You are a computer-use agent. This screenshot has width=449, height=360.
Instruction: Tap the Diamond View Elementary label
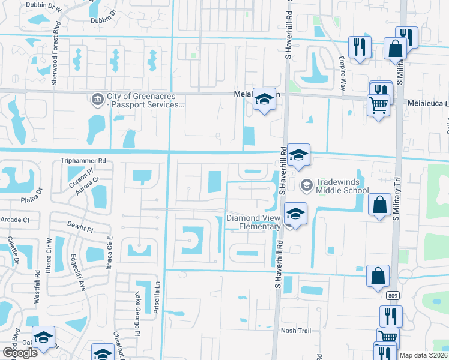[x=253, y=222]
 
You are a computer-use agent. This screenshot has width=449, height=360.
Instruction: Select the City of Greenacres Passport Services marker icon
[x=97, y=98]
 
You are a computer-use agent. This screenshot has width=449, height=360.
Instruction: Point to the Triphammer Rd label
[x=83, y=161]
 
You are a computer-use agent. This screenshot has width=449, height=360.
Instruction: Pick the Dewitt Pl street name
[x=82, y=229]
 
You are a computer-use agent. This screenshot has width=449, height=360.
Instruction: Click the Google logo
[x=20, y=353]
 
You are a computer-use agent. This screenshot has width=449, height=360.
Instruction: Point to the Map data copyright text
[x=424, y=355]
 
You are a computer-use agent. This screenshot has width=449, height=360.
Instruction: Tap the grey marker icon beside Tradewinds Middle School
[x=306, y=184]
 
